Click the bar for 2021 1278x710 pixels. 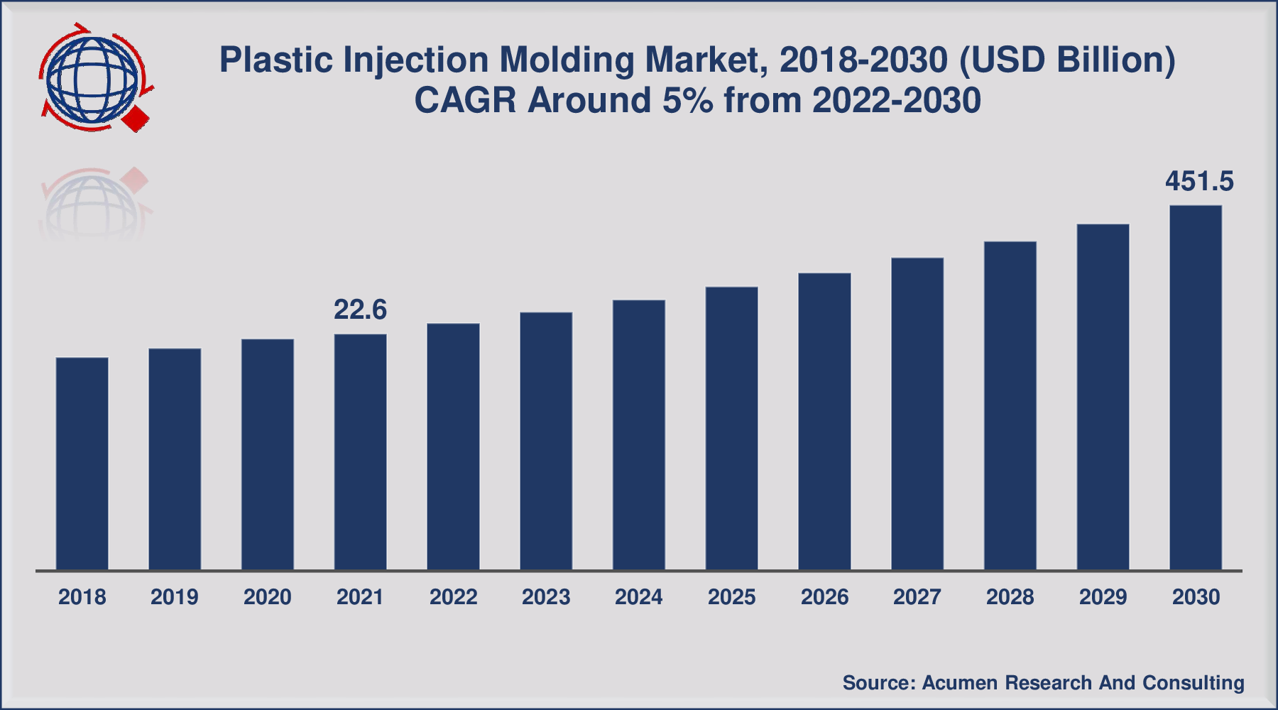(361, 452)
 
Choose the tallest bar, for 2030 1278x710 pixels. (1196, 387)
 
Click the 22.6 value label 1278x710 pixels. (360, 310)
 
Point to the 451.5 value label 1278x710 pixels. (1199, 182)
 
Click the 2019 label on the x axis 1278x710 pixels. (175, 597)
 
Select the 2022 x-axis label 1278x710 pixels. (453, 597)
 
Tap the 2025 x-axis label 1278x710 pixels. (731, 597)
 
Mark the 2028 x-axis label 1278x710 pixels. (1010, 597)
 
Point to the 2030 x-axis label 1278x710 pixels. (1196, 597)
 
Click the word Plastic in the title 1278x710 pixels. (276, 60)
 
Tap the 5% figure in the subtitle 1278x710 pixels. (687, 100)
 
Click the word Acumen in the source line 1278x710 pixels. (961, 683)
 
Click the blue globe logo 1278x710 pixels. (91, 78)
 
